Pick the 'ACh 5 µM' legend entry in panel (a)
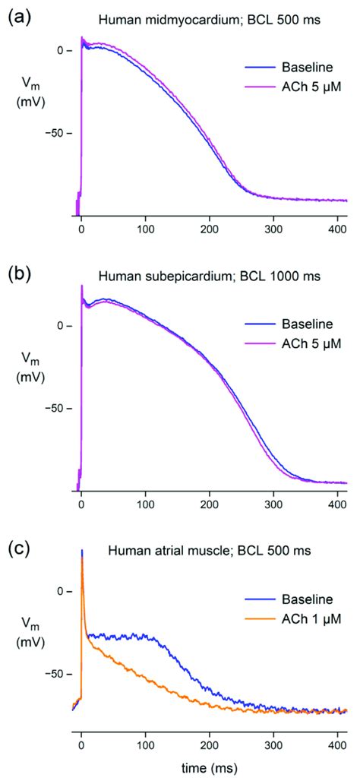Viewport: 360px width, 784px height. pyautogui.click(x=302, y=90)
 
